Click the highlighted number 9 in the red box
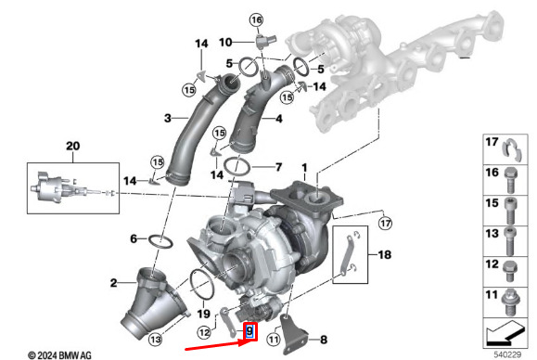point(249,331)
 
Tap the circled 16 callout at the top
point(257,20)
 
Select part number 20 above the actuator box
point(73,146)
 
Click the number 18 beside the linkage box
point(384,254)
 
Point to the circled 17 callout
point(385,224)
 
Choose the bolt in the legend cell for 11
point(511,302)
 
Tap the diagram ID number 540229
point(507,354)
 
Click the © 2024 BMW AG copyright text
point(59,355)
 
